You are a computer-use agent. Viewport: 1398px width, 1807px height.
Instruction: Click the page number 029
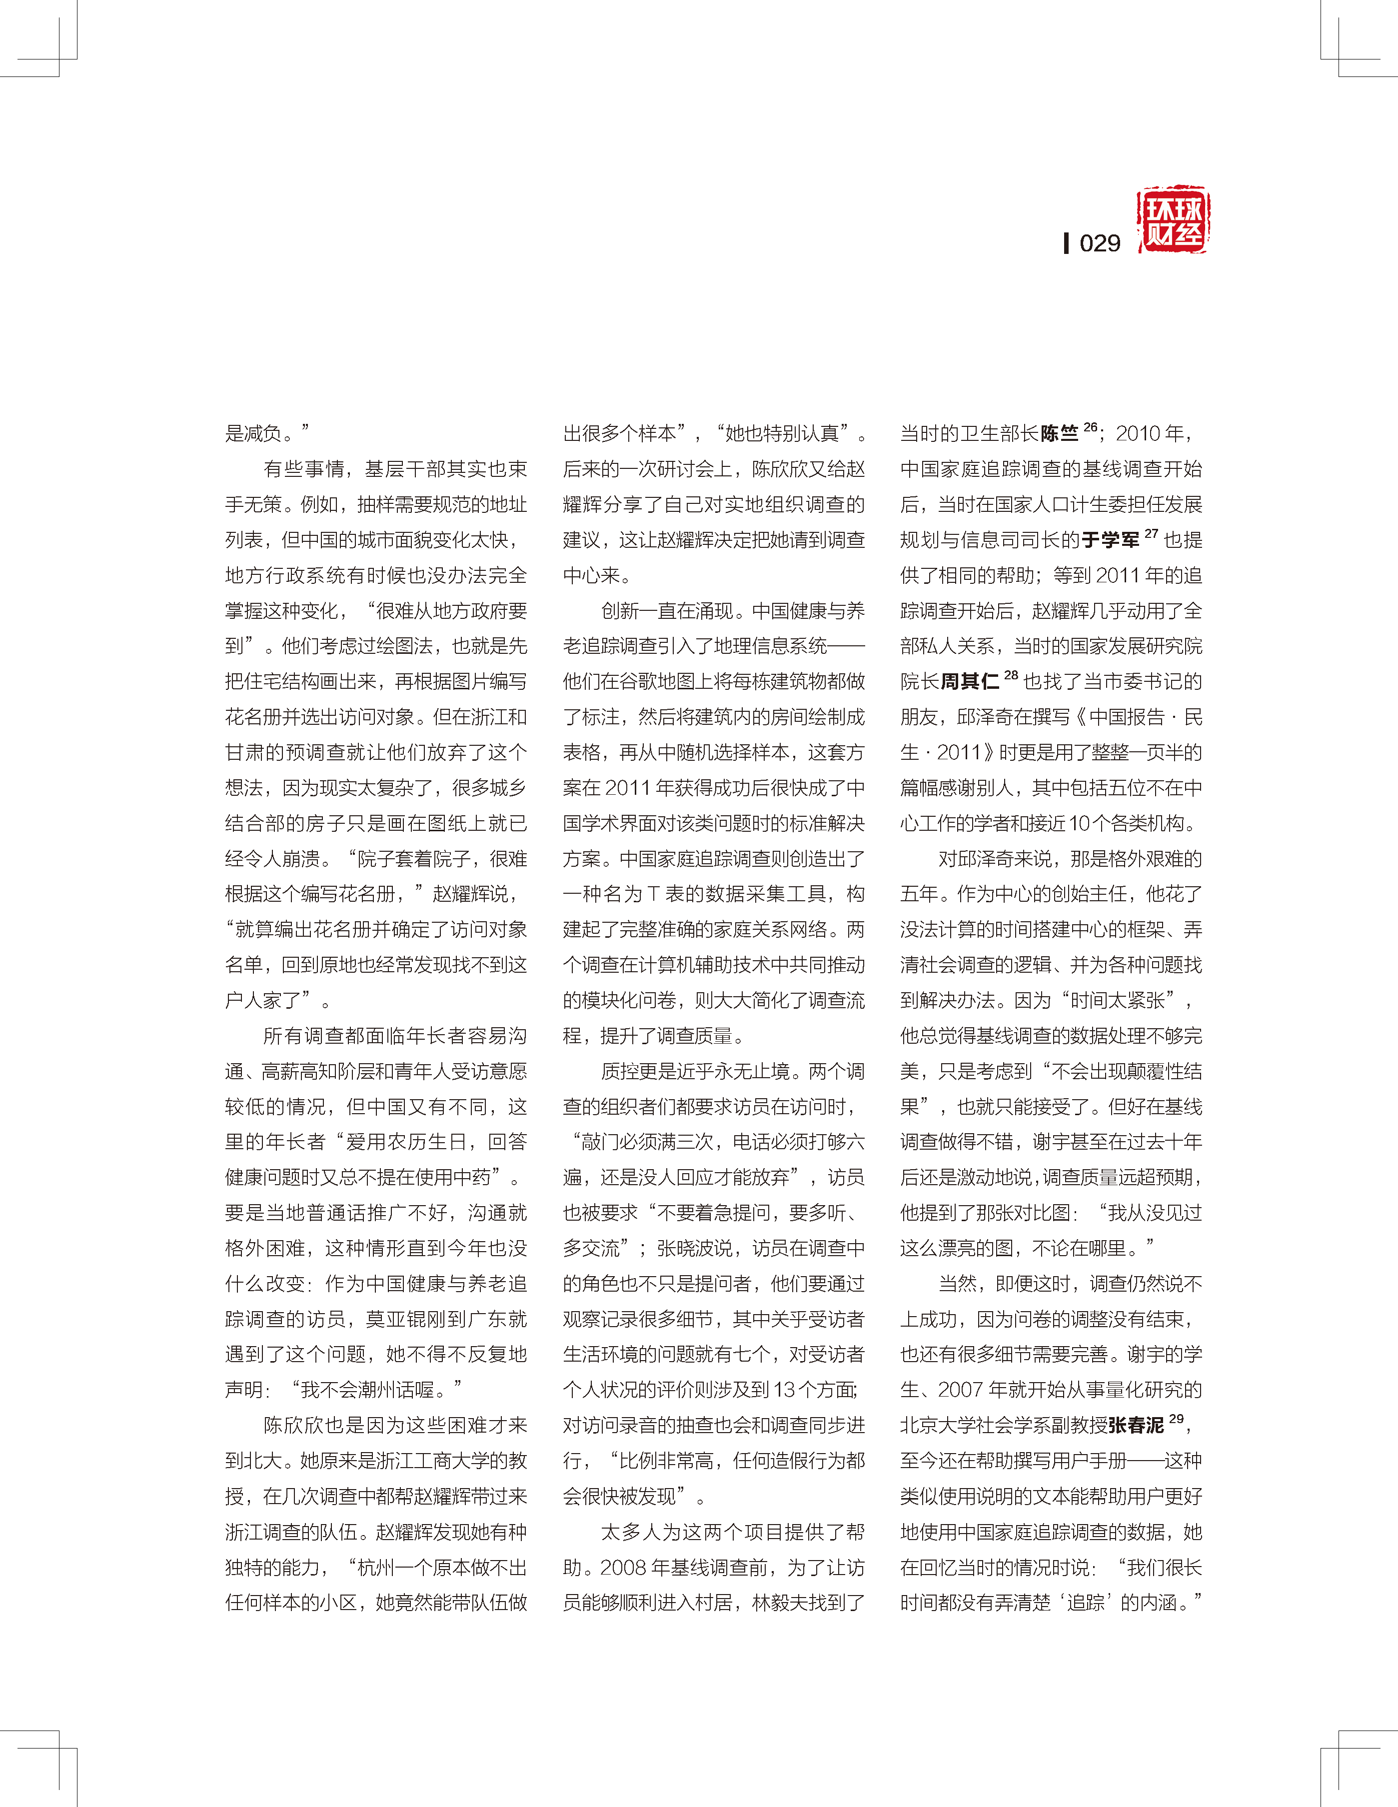point(1100,243)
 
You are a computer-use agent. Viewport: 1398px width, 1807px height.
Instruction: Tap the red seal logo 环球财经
point(1173,220)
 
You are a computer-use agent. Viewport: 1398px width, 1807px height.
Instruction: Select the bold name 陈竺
point(1060,433)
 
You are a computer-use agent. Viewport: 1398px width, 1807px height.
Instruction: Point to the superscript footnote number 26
point(1090,427)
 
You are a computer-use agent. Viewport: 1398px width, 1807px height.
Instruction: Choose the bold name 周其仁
point(970,682)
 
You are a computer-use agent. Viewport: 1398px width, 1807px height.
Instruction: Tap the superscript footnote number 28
point(1010,675)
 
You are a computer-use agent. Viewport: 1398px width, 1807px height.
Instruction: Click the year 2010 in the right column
point(1138,433)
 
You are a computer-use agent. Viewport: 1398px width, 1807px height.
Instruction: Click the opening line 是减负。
point(266,433)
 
